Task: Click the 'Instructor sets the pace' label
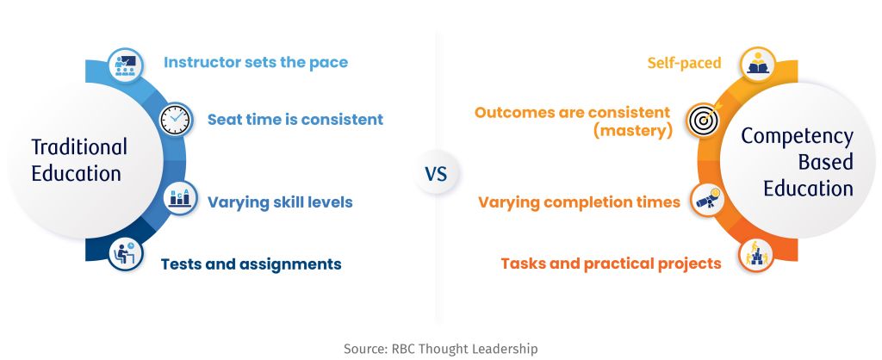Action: pyautogui.click(x=255, y=63)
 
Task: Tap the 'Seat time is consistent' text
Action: pyautogui.click(x=295, y=120)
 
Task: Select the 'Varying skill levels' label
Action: pyautogui.click(x=279, y=203)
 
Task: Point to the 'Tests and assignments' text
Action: pyautogui.click(x=251, y=264)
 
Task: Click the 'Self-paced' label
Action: pyautogui.click(x=685, y=63)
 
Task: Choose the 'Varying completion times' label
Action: pyautogui.click(x=579, y=203)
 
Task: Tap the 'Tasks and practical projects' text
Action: pyautogui.click(x=611, y=264)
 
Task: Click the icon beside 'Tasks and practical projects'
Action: pyautogui.click(x=756, y=255)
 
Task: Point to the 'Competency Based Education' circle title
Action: pyautogui.click(x=797, y=162)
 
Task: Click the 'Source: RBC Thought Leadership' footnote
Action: pyautogui.click(x=440, y=348)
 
